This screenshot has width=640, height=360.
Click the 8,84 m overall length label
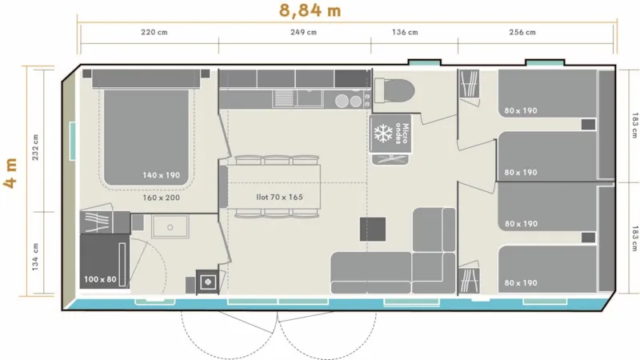pyautogui.click(x=310, y=10)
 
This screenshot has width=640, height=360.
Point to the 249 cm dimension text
pyautogui.click(x=302, y=33)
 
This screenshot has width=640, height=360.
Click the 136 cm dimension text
pyautogui.click(x=405, y=33)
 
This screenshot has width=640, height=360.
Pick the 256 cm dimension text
pyautogui.click(x=522, y=33)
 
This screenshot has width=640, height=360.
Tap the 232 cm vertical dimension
pyautogui.click(x=35, y=146)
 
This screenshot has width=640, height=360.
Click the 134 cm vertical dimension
pyautogui.click(x=35, y=256)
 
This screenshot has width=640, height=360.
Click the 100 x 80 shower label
pyautogui.click(x=99, y=280)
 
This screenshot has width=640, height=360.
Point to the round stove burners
pyautogui.click(x=347, y=101)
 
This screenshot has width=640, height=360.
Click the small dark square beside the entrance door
pyautogui.click(x=208, y=282)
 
